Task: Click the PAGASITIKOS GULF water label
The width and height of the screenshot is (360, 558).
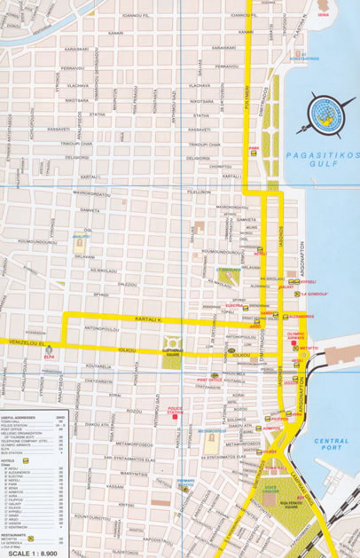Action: point(325,158)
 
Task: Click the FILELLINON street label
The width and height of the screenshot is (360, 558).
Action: point(198,191)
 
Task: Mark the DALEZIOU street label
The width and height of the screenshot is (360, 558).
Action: point(129,285)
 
